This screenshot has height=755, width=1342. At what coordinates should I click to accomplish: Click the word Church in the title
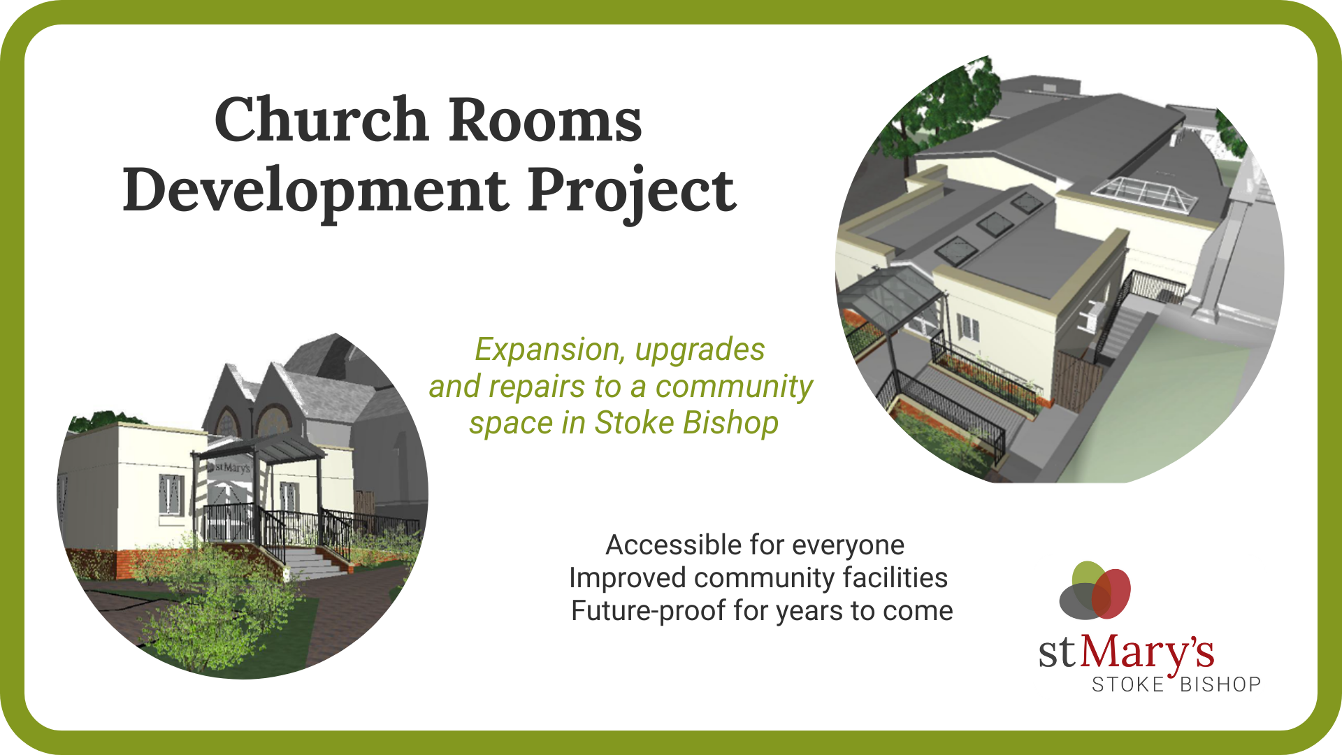(x=321, y=120)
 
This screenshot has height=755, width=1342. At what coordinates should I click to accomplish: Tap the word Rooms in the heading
(x=544, y=120)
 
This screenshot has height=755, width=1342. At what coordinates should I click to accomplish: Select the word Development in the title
(x=315, y=190)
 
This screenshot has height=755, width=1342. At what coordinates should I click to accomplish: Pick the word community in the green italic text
(x=734, y=387)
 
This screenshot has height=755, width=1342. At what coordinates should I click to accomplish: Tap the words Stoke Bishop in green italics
(x=686, y=423)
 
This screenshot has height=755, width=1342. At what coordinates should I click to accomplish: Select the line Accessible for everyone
(x=755, y=545)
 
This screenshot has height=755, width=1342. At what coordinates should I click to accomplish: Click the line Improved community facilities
(x=758, y=578)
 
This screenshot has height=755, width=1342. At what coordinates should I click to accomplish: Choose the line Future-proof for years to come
(x=762, y=611)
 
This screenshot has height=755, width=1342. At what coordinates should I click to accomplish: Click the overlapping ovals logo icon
(x=1095, y=591)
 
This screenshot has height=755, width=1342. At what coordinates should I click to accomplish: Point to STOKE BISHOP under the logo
(x=1176, y=684)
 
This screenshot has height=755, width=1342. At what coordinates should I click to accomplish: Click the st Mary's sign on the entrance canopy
(x=230, y=467)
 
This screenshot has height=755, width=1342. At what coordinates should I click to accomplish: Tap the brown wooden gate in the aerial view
(x=1076, y=381)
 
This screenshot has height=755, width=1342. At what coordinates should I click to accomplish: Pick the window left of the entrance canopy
(x=172, y=496)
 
